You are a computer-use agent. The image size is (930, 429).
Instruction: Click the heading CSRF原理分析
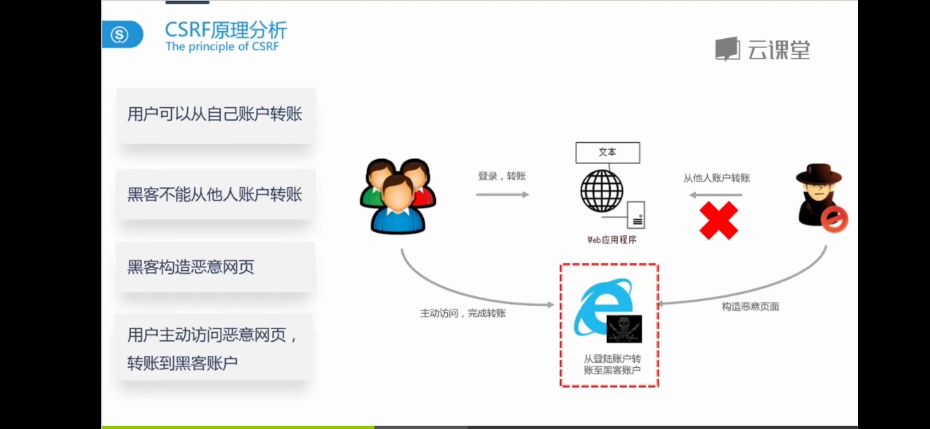pos(226,30)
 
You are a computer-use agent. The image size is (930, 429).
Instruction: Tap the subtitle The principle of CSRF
pos(222,46)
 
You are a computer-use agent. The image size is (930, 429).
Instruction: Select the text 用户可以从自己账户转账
pos(215,114)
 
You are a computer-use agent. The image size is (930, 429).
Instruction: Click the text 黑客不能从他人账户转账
pos(215,195)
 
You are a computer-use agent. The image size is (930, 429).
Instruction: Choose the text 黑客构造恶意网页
pos(191,267)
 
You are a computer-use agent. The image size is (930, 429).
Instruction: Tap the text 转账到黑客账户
pos(183,363)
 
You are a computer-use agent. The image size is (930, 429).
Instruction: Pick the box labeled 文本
pos(608,153)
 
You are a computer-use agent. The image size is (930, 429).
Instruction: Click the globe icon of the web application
pos(602,191)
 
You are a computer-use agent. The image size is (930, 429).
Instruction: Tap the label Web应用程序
pos(612,240)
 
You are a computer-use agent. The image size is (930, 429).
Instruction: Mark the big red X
pos(719,220)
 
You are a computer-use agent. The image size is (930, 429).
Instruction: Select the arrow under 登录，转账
pos(502,195)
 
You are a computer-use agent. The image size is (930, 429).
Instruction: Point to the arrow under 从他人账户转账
pos(715,195)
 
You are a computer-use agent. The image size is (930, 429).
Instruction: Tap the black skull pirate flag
pos(624,329)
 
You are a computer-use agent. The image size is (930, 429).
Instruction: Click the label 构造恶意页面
pos(750,307)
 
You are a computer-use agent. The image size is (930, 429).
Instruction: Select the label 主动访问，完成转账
pos(463,313)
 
